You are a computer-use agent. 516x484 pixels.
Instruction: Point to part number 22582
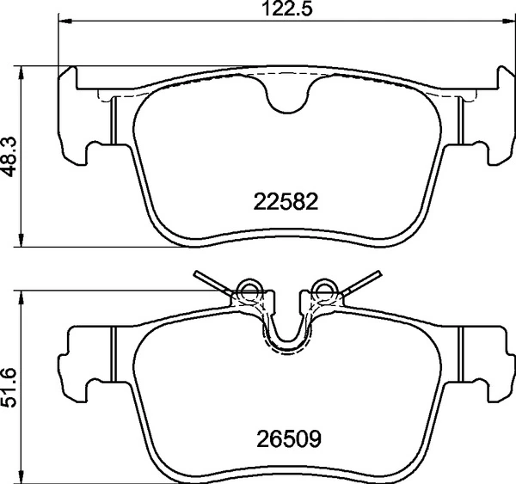(x=286, y=202)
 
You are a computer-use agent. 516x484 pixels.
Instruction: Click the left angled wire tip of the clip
(x=200, y=275)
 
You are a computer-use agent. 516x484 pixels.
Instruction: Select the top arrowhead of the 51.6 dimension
(x=21, y=296)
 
